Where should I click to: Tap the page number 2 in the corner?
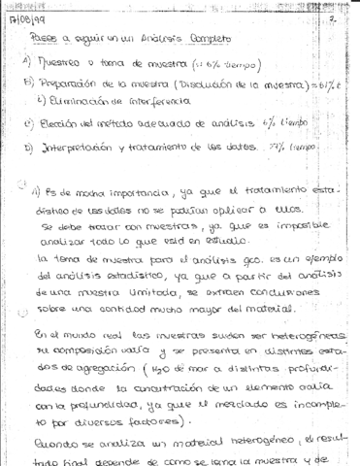click(333, 17)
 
